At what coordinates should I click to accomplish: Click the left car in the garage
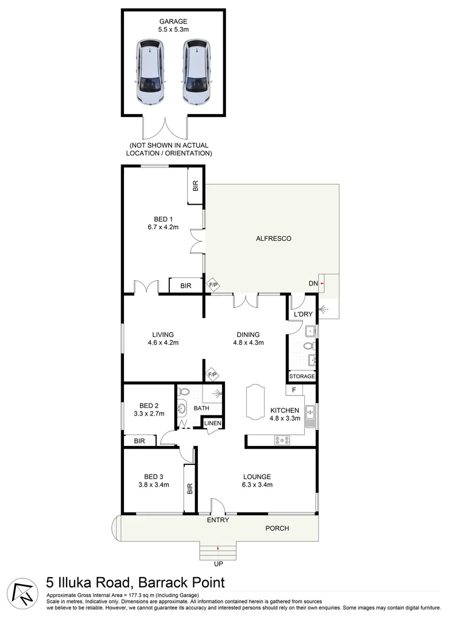coord(150,72)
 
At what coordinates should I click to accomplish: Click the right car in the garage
coord(196,72)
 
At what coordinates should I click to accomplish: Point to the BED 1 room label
coord(163,223)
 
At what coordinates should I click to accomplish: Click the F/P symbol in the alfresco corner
coord(213,284)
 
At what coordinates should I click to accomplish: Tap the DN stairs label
coord(313,283)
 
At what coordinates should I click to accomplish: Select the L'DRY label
coord(302,315)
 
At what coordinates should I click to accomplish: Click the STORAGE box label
coord(302,377)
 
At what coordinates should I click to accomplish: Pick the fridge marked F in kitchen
coord(294,390)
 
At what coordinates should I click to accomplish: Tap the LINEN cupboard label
coord(212,423)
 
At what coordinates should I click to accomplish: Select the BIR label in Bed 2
coord(139,441)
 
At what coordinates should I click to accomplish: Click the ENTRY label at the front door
coord(218,520)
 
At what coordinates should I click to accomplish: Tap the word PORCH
coord(277,528)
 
